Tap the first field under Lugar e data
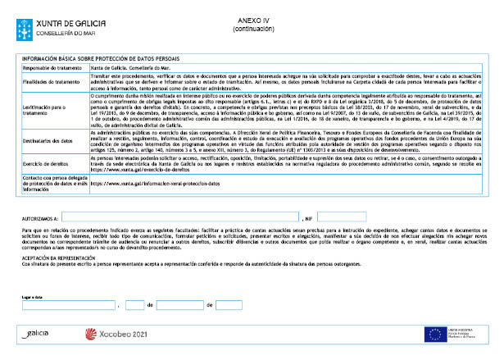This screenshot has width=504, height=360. pyautogui.click(x=69, y=305)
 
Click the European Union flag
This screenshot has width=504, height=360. pyautogui.click(x=434, y=334)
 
